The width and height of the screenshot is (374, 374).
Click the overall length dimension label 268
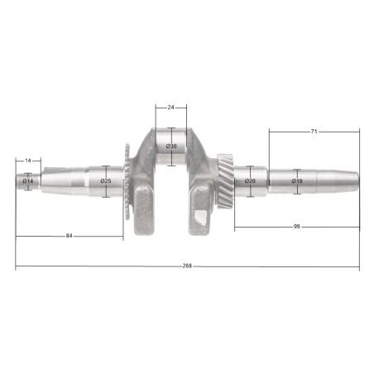187,266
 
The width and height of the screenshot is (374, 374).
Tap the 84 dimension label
69,236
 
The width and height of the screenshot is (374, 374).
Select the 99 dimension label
296,227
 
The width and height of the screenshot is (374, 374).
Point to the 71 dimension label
314,132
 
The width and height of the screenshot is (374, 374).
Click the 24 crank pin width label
170,107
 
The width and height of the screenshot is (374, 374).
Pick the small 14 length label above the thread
28,161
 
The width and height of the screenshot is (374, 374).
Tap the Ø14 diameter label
28,181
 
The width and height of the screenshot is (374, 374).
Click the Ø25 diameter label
106,181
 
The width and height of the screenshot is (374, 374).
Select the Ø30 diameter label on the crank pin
171,146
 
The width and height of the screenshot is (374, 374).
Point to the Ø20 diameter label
250,181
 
